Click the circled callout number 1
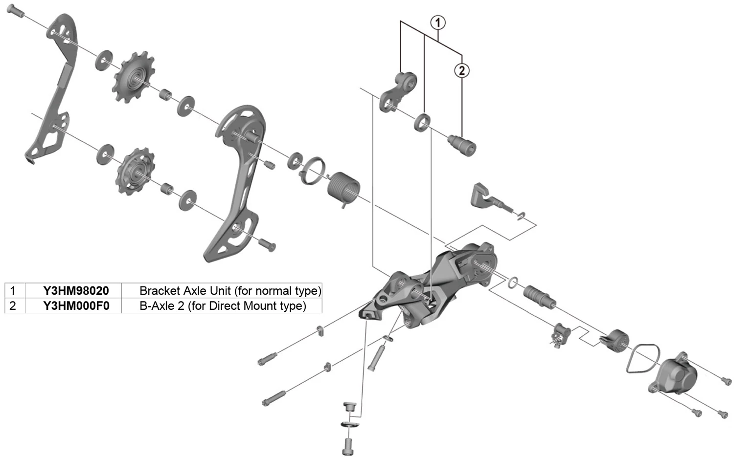(x=437, y=22)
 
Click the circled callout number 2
(x=461, y=70)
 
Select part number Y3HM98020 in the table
(x=76, y=291)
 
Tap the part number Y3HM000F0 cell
(x=76, y=306)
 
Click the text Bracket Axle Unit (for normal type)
(x=230, y=291)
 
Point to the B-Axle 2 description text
(x=223, y=306)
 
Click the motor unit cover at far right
(x=675, y=373)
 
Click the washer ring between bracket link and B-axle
(x=422, y=122)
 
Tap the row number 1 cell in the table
(x=13, y=291)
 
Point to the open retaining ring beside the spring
(x=315, y=171)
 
